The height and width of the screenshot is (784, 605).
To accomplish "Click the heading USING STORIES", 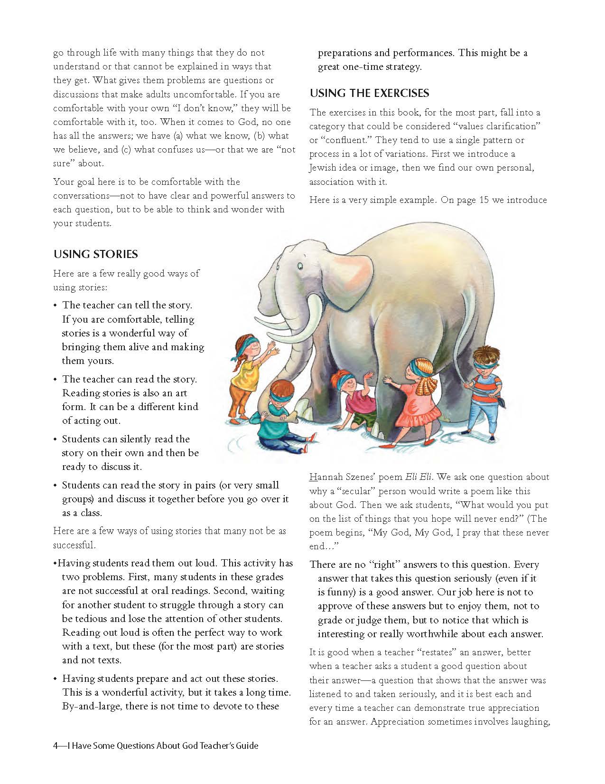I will [x=95, y=254].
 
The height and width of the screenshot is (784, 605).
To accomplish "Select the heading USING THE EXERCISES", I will [x=369, y=93].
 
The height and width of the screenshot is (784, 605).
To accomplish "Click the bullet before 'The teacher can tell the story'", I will [x=56, y=306].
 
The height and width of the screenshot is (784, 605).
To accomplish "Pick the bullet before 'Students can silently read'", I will [x=56, y=440].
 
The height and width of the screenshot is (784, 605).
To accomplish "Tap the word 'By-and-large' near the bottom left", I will [x=91, y=706].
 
